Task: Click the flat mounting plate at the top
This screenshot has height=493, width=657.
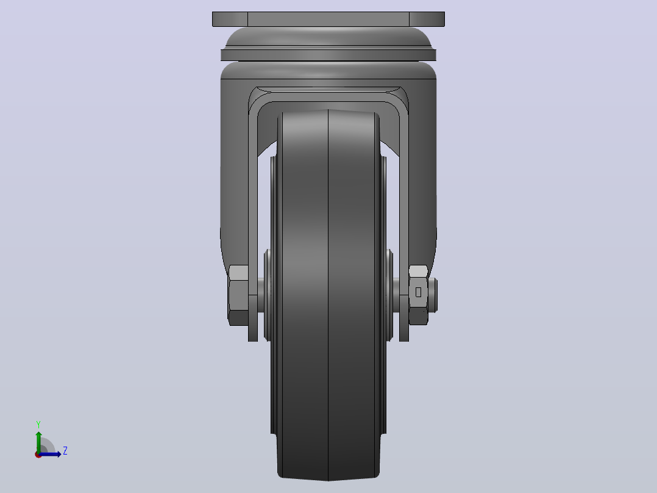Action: (x=328, y=20)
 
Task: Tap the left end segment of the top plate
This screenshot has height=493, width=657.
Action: (x=230, y=20)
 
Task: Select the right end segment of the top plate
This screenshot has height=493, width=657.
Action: (x=427, y=20)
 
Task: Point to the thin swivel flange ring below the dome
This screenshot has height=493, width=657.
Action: (x=328, y=55)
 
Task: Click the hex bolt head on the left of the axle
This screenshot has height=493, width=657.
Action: (x=238, y=295)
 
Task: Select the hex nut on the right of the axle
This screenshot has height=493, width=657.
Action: (x=418, y=295)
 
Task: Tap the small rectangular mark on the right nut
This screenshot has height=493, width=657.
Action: (x=418, y=292)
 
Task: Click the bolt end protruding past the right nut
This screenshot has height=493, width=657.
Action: (x=433, y=295)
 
